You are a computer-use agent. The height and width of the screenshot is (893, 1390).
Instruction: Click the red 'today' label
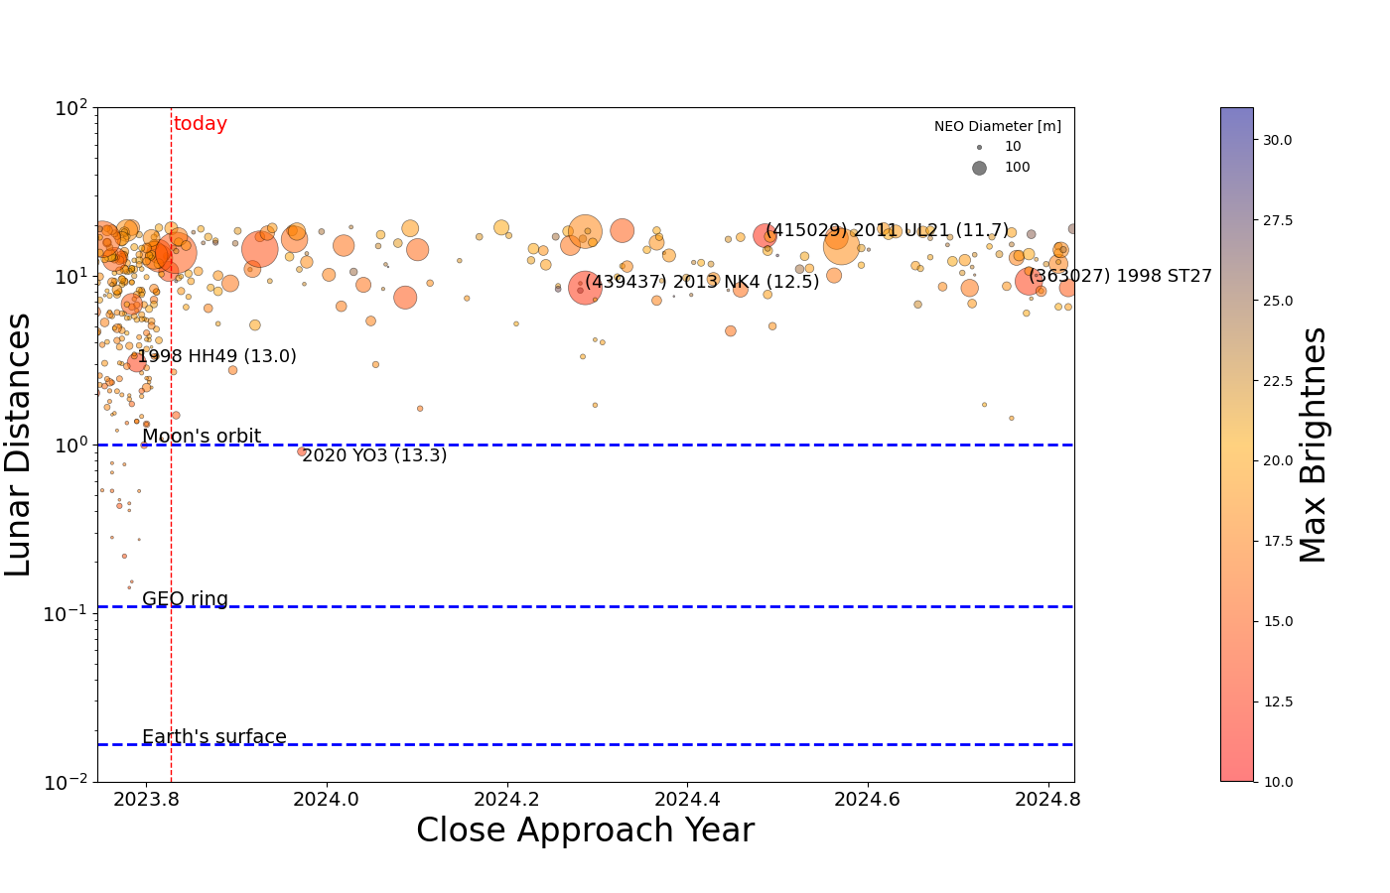200,124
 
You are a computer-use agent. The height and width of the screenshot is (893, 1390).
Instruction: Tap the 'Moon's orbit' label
202,437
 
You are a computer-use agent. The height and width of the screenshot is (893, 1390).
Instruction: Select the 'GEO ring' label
185,599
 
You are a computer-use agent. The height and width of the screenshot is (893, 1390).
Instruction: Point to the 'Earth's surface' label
214,737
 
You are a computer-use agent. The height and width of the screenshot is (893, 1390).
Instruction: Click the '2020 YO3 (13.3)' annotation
374,455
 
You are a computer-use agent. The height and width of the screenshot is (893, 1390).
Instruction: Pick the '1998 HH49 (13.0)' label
216,356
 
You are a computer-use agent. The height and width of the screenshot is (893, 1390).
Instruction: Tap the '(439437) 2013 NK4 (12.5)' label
702,282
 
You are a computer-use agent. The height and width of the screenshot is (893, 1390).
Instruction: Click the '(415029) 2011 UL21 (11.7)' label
887,230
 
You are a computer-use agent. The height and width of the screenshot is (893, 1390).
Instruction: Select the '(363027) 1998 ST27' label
1120,276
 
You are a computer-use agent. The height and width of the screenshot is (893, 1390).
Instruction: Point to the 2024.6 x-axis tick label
868,798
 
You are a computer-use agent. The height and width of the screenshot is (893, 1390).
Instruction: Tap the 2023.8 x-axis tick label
146,798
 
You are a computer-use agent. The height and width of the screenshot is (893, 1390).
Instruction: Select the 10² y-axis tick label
71,106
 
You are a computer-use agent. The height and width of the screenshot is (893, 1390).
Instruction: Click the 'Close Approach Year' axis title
585,830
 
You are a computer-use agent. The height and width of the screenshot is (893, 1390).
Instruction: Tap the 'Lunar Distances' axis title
20,445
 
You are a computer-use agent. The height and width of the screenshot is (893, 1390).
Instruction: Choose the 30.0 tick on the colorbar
1277,140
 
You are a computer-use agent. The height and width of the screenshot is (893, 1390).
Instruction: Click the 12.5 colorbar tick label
1277,702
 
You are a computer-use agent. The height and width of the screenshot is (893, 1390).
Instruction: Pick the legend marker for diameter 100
979,168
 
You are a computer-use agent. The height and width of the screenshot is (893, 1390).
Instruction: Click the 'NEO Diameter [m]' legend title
997,126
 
